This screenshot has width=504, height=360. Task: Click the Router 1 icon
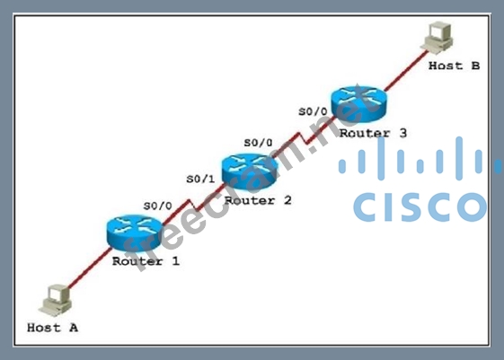pos(134,233)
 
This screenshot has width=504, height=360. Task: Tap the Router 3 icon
pos(358,104)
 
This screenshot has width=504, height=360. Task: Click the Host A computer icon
pos(56,300)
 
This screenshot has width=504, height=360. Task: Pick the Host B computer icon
pos(438,37)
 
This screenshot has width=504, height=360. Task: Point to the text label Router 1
pos(146,261)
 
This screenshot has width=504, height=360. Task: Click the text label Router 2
pos(258,201)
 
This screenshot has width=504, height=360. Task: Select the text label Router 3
pos(373,133)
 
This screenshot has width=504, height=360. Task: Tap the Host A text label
pos(53,328)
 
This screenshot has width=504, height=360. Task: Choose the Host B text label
pos(455,66)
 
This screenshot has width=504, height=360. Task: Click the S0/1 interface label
pos(200,180)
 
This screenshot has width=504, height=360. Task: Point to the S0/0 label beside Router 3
pos(313,111)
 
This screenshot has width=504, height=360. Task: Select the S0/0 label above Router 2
pos(258,143)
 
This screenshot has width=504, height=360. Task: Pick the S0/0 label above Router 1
pos(158,206)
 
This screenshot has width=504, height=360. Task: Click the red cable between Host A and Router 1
pos(90,268)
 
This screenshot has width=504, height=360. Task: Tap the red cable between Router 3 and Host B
pos(406,70)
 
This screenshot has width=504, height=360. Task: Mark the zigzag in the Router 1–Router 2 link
pos(193,206)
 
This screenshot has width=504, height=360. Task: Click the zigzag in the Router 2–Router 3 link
pos(303,138)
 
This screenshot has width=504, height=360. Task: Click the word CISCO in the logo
pos(420,207)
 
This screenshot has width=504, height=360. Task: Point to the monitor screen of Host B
pos(438,31)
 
